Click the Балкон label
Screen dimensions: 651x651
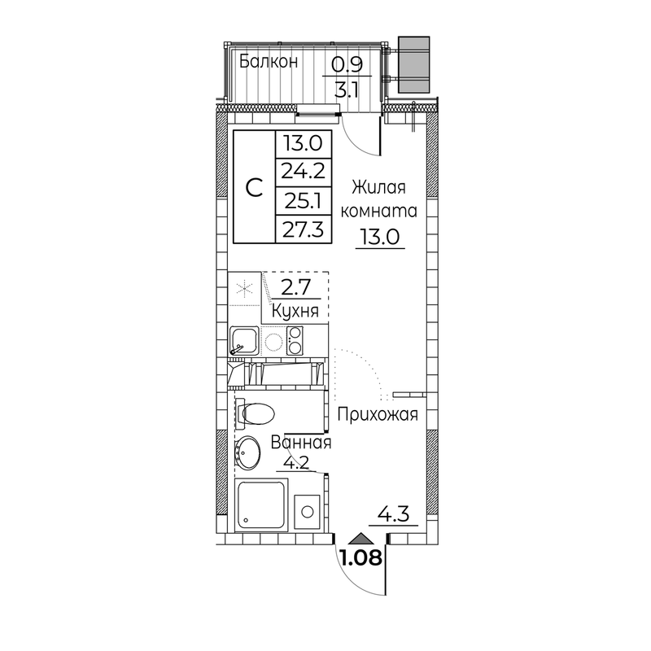pyautogui.click(x=269, y=62)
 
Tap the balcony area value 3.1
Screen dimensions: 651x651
pyautogui.click(x=347, y=90)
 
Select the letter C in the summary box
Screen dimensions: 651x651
pyautogui.click(x=254, y=187)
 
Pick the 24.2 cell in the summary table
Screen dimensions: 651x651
pyautogui.click(x=303, y=171)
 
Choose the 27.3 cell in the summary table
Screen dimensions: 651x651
pyautogui.click(x=303, y=229)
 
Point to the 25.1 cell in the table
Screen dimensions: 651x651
pyautogui.click(x=302, y=201)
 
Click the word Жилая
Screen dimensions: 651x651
pyautogui.click(x=378, y=188)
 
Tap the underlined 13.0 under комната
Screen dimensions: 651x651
pyautogui.click(x=380, y=238)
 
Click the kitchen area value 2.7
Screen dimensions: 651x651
pyautogui.click(x=296, y=287)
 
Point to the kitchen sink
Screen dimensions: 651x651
pyautogui.click(x=244, y=340)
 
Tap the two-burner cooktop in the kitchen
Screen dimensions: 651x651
pyautogui.click(x=295, y=340)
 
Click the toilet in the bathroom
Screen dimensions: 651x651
pyautogui.click(x=256, y=414)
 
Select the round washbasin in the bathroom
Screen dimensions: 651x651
pyautogui.click(x=248, y=453)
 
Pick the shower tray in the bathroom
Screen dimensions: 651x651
pyautogui.click(x=261, y=504)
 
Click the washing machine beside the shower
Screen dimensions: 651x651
pyautogui.click(x=308, y=512)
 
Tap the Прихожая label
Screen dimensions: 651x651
pyautogui.click(x=378, y=414)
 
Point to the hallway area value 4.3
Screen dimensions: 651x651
pyautogui.click(x=393, y=514)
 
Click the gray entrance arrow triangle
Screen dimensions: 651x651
pyautogui.click(x=361, y=538)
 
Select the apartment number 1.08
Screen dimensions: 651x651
pyautogui.click(x=360, y=557)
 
